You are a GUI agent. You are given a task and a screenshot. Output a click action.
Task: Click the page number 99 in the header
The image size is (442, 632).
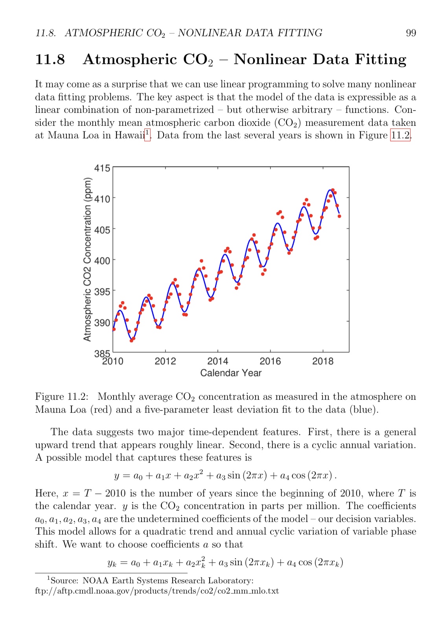pos(411,33)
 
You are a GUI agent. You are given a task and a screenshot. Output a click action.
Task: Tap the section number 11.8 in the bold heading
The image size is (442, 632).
pos(50,60)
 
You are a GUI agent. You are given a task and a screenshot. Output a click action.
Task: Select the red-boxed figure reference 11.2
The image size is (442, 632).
pos(400,136)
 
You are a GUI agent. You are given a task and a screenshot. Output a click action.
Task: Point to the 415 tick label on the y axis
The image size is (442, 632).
pos(102,168)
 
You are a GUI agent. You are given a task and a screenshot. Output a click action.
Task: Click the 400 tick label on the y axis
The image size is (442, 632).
pos(102,261)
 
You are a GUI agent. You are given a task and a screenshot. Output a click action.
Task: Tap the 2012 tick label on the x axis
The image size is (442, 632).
pos(165,361)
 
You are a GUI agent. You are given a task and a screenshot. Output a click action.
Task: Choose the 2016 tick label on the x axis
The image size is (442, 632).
pos(270,361)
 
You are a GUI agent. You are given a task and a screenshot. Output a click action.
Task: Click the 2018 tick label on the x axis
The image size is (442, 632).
pos(322,361)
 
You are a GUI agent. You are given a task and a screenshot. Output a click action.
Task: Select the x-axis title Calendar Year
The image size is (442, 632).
pos(231,373)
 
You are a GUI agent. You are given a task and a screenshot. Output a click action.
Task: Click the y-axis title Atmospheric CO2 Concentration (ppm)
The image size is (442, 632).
pos(87,259)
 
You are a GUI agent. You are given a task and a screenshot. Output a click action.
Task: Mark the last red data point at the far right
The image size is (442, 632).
pos(339,216)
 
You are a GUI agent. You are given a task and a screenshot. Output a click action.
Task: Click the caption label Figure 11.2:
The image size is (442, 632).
pos(62,397)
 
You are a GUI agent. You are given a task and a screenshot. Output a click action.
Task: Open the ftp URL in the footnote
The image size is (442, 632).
pos(157,591)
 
